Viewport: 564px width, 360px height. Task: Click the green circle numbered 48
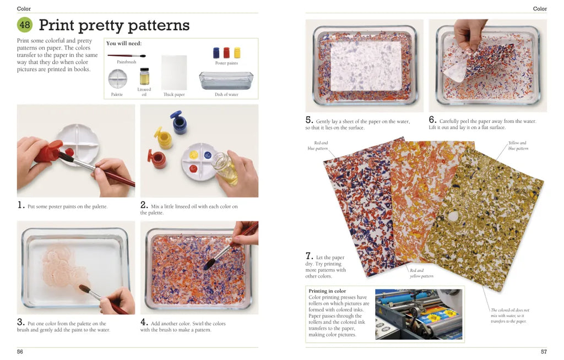(x=25, y=25)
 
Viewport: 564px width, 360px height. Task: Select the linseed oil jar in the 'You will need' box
(x=145, y=77)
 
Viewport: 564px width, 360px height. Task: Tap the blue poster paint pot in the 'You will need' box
(x=216, y=53)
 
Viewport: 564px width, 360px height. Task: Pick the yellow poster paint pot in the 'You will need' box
(x=237, y=53)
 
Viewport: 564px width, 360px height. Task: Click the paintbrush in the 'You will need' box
(x=127, y=56)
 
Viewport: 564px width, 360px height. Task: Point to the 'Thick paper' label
(x=174, y=95)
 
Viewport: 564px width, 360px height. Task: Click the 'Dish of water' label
(x=226, y=95)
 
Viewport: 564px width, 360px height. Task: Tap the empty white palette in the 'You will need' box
(x=118, y=79)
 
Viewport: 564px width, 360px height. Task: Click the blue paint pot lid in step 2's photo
(x=176, y=114)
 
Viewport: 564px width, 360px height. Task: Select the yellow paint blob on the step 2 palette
(x=193, y=155)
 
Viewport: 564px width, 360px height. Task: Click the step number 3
(x=20, y=322)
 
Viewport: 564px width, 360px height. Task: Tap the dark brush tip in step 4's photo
(x=209, y=264)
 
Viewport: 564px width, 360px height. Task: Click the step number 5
(x=309, y=120)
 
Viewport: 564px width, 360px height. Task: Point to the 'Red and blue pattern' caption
(x=318, y=146)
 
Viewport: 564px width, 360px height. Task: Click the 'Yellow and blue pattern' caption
(x=518, y=146)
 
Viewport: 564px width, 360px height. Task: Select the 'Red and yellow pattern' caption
(x=421, y=274)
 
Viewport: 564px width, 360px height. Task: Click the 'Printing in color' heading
(x=327, y=291)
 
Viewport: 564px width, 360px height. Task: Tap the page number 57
(x=544, y=352)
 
